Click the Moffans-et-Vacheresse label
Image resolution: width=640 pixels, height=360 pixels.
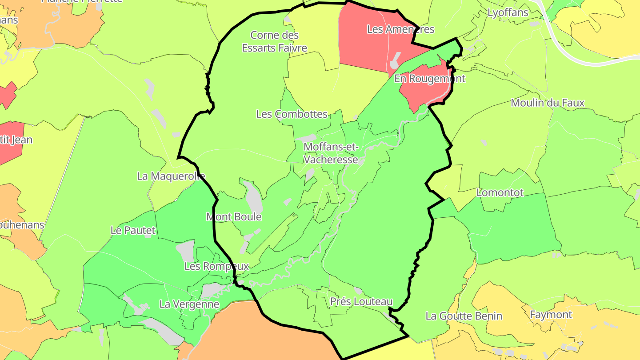331,152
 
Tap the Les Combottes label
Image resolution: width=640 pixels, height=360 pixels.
292,114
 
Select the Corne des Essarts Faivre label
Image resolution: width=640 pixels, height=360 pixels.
274,41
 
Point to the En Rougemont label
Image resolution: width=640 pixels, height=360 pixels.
430,79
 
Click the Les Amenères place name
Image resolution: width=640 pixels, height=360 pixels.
400,29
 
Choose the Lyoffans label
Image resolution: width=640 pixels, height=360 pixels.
508,12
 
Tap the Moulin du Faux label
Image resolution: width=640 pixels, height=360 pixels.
548,103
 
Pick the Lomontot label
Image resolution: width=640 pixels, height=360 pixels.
500,193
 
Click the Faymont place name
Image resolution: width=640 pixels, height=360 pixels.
551,315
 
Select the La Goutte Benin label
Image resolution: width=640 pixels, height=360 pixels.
464,316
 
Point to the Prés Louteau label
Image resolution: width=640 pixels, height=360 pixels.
361,302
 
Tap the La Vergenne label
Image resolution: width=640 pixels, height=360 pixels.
189,304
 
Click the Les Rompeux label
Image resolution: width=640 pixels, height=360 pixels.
216,266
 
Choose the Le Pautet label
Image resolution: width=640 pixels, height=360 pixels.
133,230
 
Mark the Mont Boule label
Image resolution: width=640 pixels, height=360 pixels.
234,217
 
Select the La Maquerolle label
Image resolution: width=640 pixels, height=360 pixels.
171,176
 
